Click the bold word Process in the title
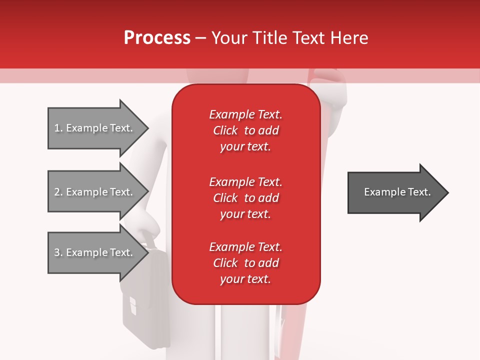(x=157, y=38)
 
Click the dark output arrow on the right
(x=395, y=192)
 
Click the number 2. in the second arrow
(x=58, y=192)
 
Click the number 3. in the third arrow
(x=58, y=252)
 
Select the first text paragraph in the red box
(x=245, y=130)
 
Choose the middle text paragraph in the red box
(x=245, y=197)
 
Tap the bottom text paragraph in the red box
(x=245, y=263)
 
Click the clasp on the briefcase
(x=132, y=305)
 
